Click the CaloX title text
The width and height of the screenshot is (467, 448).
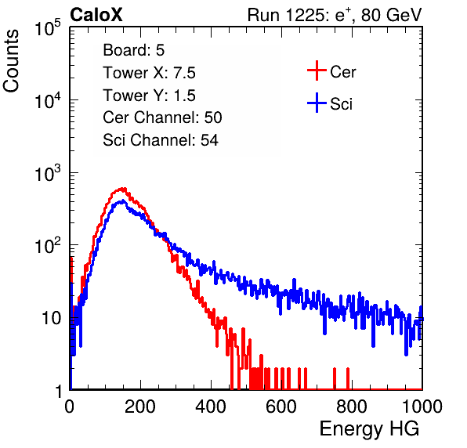(x=96, y=15)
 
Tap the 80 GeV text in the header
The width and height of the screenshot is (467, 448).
(x=391, y=15)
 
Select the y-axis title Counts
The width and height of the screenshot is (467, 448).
(x=11, y=61)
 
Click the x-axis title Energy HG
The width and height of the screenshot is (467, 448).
(x=369, y=429)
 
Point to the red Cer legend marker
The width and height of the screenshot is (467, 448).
(x=317, y=70)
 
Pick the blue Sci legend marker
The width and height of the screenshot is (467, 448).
(x=317, y=103)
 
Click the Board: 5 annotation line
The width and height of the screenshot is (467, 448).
(x=134, y=50)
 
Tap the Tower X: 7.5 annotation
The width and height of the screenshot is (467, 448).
(x=149, y=73)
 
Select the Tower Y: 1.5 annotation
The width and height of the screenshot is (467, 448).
(x=149, y=96)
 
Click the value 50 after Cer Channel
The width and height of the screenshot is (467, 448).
(x=213, y=117)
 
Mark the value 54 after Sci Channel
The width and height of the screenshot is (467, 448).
(x=209, y=140)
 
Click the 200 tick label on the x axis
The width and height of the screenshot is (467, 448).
(x=140, y=406)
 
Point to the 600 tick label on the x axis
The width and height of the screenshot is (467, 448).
(x=281, y=406)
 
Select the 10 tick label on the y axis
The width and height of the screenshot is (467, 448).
(x=51, y=318)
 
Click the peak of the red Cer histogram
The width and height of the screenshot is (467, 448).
(x=121, y=189)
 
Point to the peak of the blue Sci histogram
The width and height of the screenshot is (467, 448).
(x=122, y=201)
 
